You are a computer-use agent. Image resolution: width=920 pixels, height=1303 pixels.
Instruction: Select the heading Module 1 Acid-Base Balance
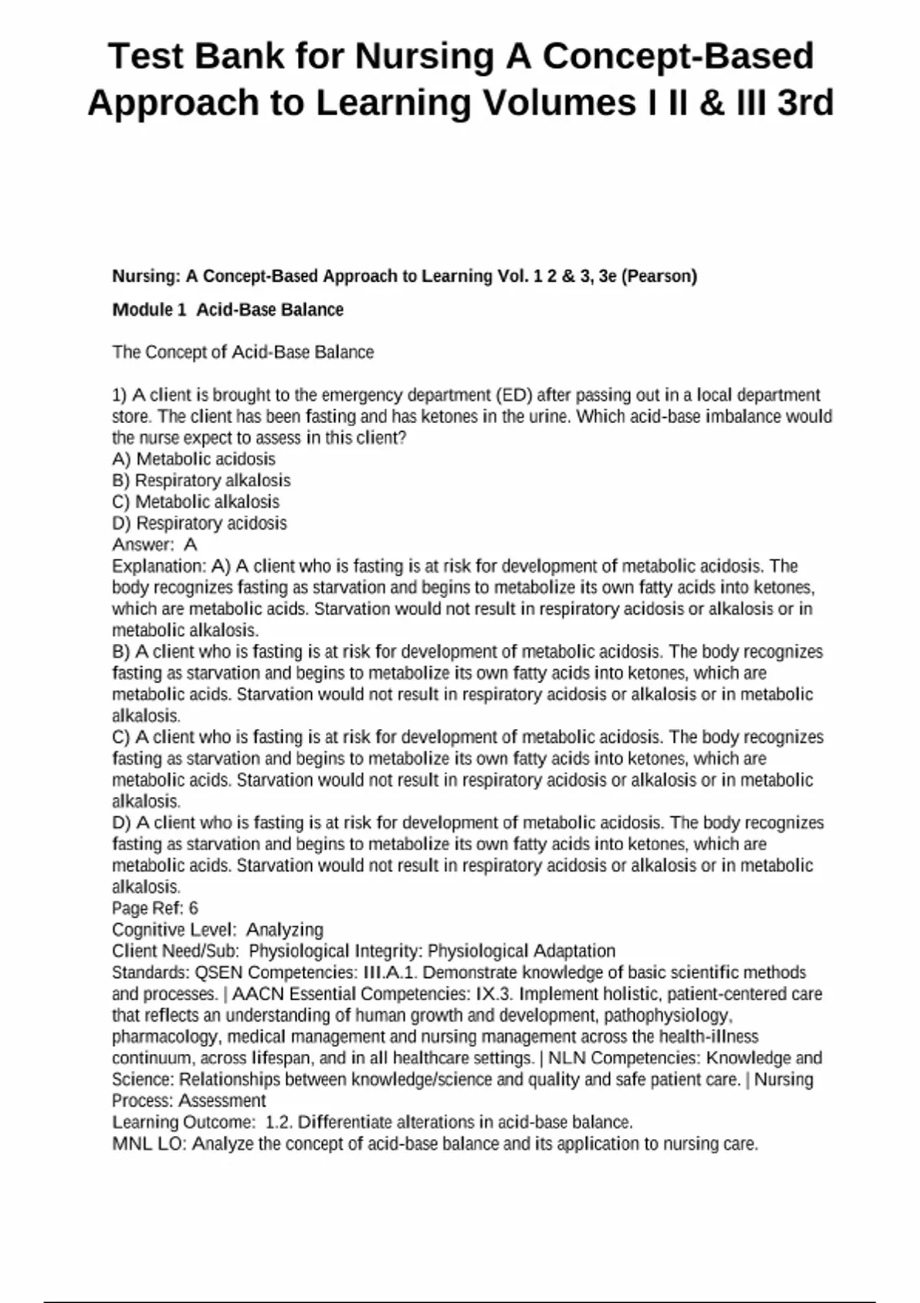pyautogui.click(x=228, y=310)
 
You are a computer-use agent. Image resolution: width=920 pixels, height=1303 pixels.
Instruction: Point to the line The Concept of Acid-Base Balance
pyautogui.click(x=243, y=353)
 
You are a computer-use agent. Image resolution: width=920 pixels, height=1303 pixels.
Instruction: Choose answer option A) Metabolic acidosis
pyautogui.click(x=194, y=459)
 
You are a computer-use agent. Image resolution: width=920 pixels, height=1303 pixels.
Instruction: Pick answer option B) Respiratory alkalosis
pyautogui.click(x=202, y=481)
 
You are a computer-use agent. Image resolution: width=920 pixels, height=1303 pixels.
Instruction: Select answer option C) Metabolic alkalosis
pyautogui.click(x=195, y=502)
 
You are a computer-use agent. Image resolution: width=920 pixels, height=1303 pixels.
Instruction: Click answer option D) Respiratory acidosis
pyautogui.click(x=199, y=523)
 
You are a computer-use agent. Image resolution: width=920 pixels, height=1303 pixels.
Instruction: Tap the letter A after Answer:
pyautogui.click(x=191, y=545)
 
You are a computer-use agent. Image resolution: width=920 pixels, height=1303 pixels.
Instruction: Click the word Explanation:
pyautogui.click(x=159, y=566)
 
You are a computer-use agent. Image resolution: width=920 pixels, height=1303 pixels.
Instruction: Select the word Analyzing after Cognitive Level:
pyautogui.click(x=284, y=930)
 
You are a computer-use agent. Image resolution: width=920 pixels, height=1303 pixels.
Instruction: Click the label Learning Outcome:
pyautogui.click(x=183, y=1123)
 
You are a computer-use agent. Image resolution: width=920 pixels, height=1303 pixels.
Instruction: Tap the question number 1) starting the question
pyautogui.click(x=119, y=395)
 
